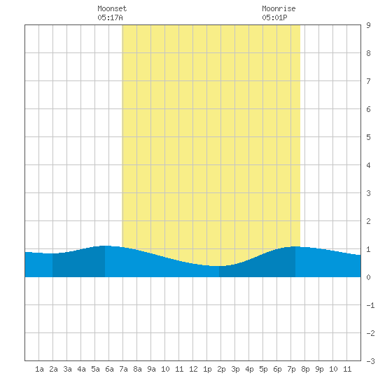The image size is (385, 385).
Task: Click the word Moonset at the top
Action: pos(112,8)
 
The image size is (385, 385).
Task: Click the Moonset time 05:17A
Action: pos(110,17)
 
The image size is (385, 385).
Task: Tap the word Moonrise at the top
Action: pos(279,8)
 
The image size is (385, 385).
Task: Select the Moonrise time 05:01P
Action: pos(274,17)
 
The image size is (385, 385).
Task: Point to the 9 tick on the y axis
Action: pos(368,25)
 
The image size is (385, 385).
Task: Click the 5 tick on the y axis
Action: pos(368,137)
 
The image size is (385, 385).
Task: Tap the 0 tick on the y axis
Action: pos(368,277)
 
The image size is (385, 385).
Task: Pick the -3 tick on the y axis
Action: pos(370,361)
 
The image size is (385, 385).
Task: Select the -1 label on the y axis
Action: pos(370,305)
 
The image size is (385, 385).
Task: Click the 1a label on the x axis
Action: pos(39,369)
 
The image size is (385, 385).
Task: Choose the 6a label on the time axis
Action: pos(109,369)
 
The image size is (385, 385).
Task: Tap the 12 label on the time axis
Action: pos(193,369)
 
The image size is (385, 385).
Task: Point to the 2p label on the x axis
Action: pos(221,369)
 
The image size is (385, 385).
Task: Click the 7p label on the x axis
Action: pos(291,369)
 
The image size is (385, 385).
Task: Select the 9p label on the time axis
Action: pos(319,369)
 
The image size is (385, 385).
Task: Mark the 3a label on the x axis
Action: pos(67,369)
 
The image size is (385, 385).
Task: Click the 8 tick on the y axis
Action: pos(368,53)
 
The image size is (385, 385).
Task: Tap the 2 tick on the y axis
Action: pos(368,221)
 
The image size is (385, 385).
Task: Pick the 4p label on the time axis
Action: pos(249,369)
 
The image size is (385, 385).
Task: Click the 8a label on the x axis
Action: pos(137,369)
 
